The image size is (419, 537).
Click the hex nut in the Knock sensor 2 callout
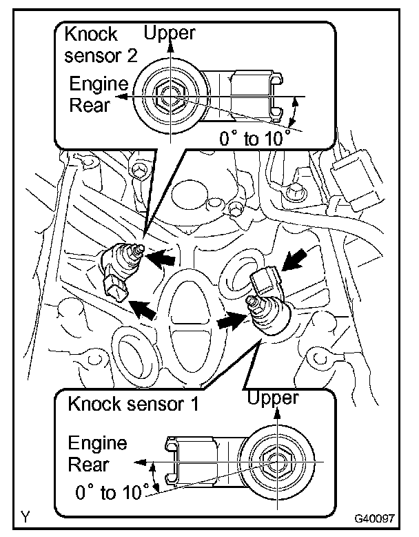point(168,97)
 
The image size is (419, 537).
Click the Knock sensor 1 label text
point(132,404)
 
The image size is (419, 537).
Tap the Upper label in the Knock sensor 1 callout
point(273,398)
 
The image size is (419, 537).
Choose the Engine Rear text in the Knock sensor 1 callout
point(97,453)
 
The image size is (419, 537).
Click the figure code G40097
point(374,517)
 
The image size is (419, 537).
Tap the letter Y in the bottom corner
point(25,516)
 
